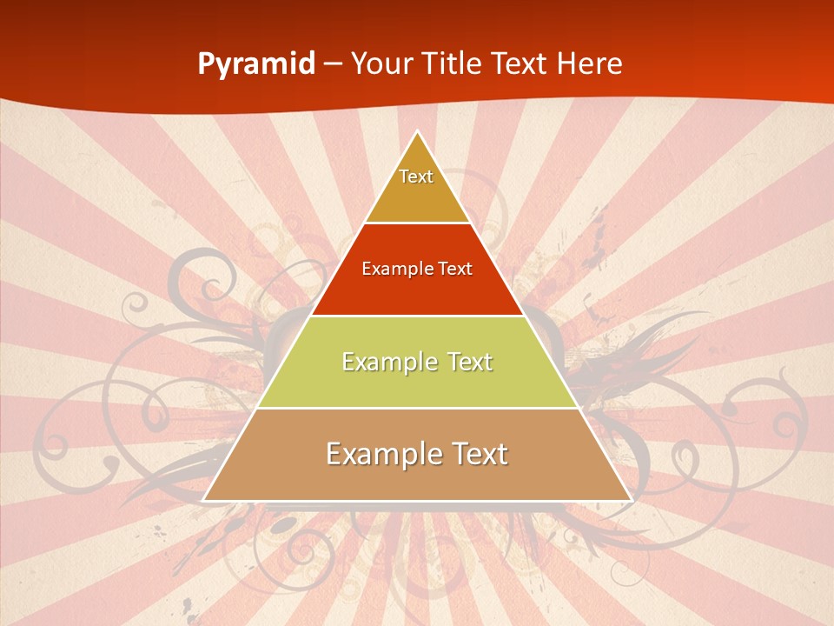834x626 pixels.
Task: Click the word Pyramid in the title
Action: tap(256, 64)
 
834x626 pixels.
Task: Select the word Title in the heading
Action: tap(452, 63)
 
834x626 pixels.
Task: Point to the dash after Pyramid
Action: tap(333, 64)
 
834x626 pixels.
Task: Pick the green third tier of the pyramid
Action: tap(417, 383)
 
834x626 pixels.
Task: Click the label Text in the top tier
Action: tap(416, 176)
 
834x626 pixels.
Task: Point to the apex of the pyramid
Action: tap(418, 131)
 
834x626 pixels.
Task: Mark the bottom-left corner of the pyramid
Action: tap(204, 500)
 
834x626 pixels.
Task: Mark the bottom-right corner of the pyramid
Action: tap(631, 500)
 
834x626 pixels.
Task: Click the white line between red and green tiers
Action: tap(417, 316)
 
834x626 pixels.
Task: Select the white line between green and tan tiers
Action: tap(417, 408)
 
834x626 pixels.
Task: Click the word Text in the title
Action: tap(519, 63)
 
